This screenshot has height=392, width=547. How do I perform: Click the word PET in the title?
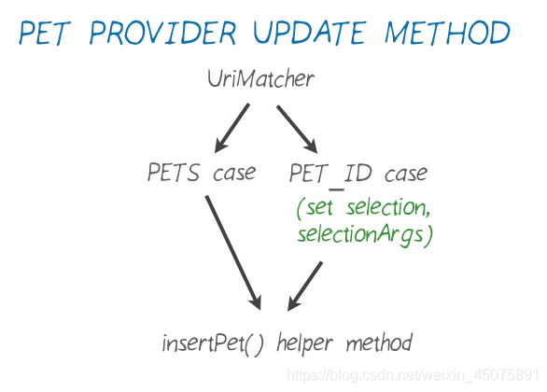click(44, 33)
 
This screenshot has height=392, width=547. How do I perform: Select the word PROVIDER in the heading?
click(163, 33)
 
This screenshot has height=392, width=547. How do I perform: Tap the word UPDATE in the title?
click(310, 33)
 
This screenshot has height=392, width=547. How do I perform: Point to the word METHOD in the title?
click(447, 33)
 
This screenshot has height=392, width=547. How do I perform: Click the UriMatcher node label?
click(261, 78)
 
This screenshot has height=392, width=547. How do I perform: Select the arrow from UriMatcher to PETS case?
click(231, 128)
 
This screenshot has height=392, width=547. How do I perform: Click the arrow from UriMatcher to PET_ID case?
click(297, 129)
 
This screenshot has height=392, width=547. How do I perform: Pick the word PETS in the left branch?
click(174, 173)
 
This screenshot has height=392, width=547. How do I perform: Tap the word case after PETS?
click(234, 174)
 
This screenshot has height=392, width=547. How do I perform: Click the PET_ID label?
click(330, 174)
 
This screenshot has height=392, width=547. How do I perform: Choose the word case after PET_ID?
click(406, 174)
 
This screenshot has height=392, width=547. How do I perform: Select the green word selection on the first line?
click(388, 207)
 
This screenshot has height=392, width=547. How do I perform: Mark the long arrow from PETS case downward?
click(233, 253)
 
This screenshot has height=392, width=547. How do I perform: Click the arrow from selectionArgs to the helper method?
click(304, 286)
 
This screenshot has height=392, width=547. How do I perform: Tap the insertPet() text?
click(213, 343)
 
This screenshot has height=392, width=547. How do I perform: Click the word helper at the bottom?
click(305, 343)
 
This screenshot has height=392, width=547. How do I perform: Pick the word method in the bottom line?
click(380, 343)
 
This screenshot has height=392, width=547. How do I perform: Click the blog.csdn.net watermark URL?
click(413, 375)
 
